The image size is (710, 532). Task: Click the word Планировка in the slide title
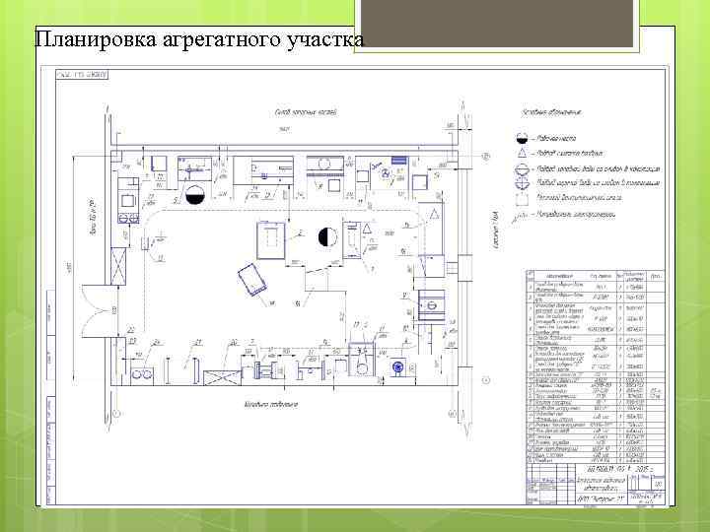pyautogui.click(x=82, y=40)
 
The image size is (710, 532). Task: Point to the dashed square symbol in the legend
pyautogui.click(x=523, y=197)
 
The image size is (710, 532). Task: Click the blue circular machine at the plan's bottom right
pyautogui.click(x=397, y=368)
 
